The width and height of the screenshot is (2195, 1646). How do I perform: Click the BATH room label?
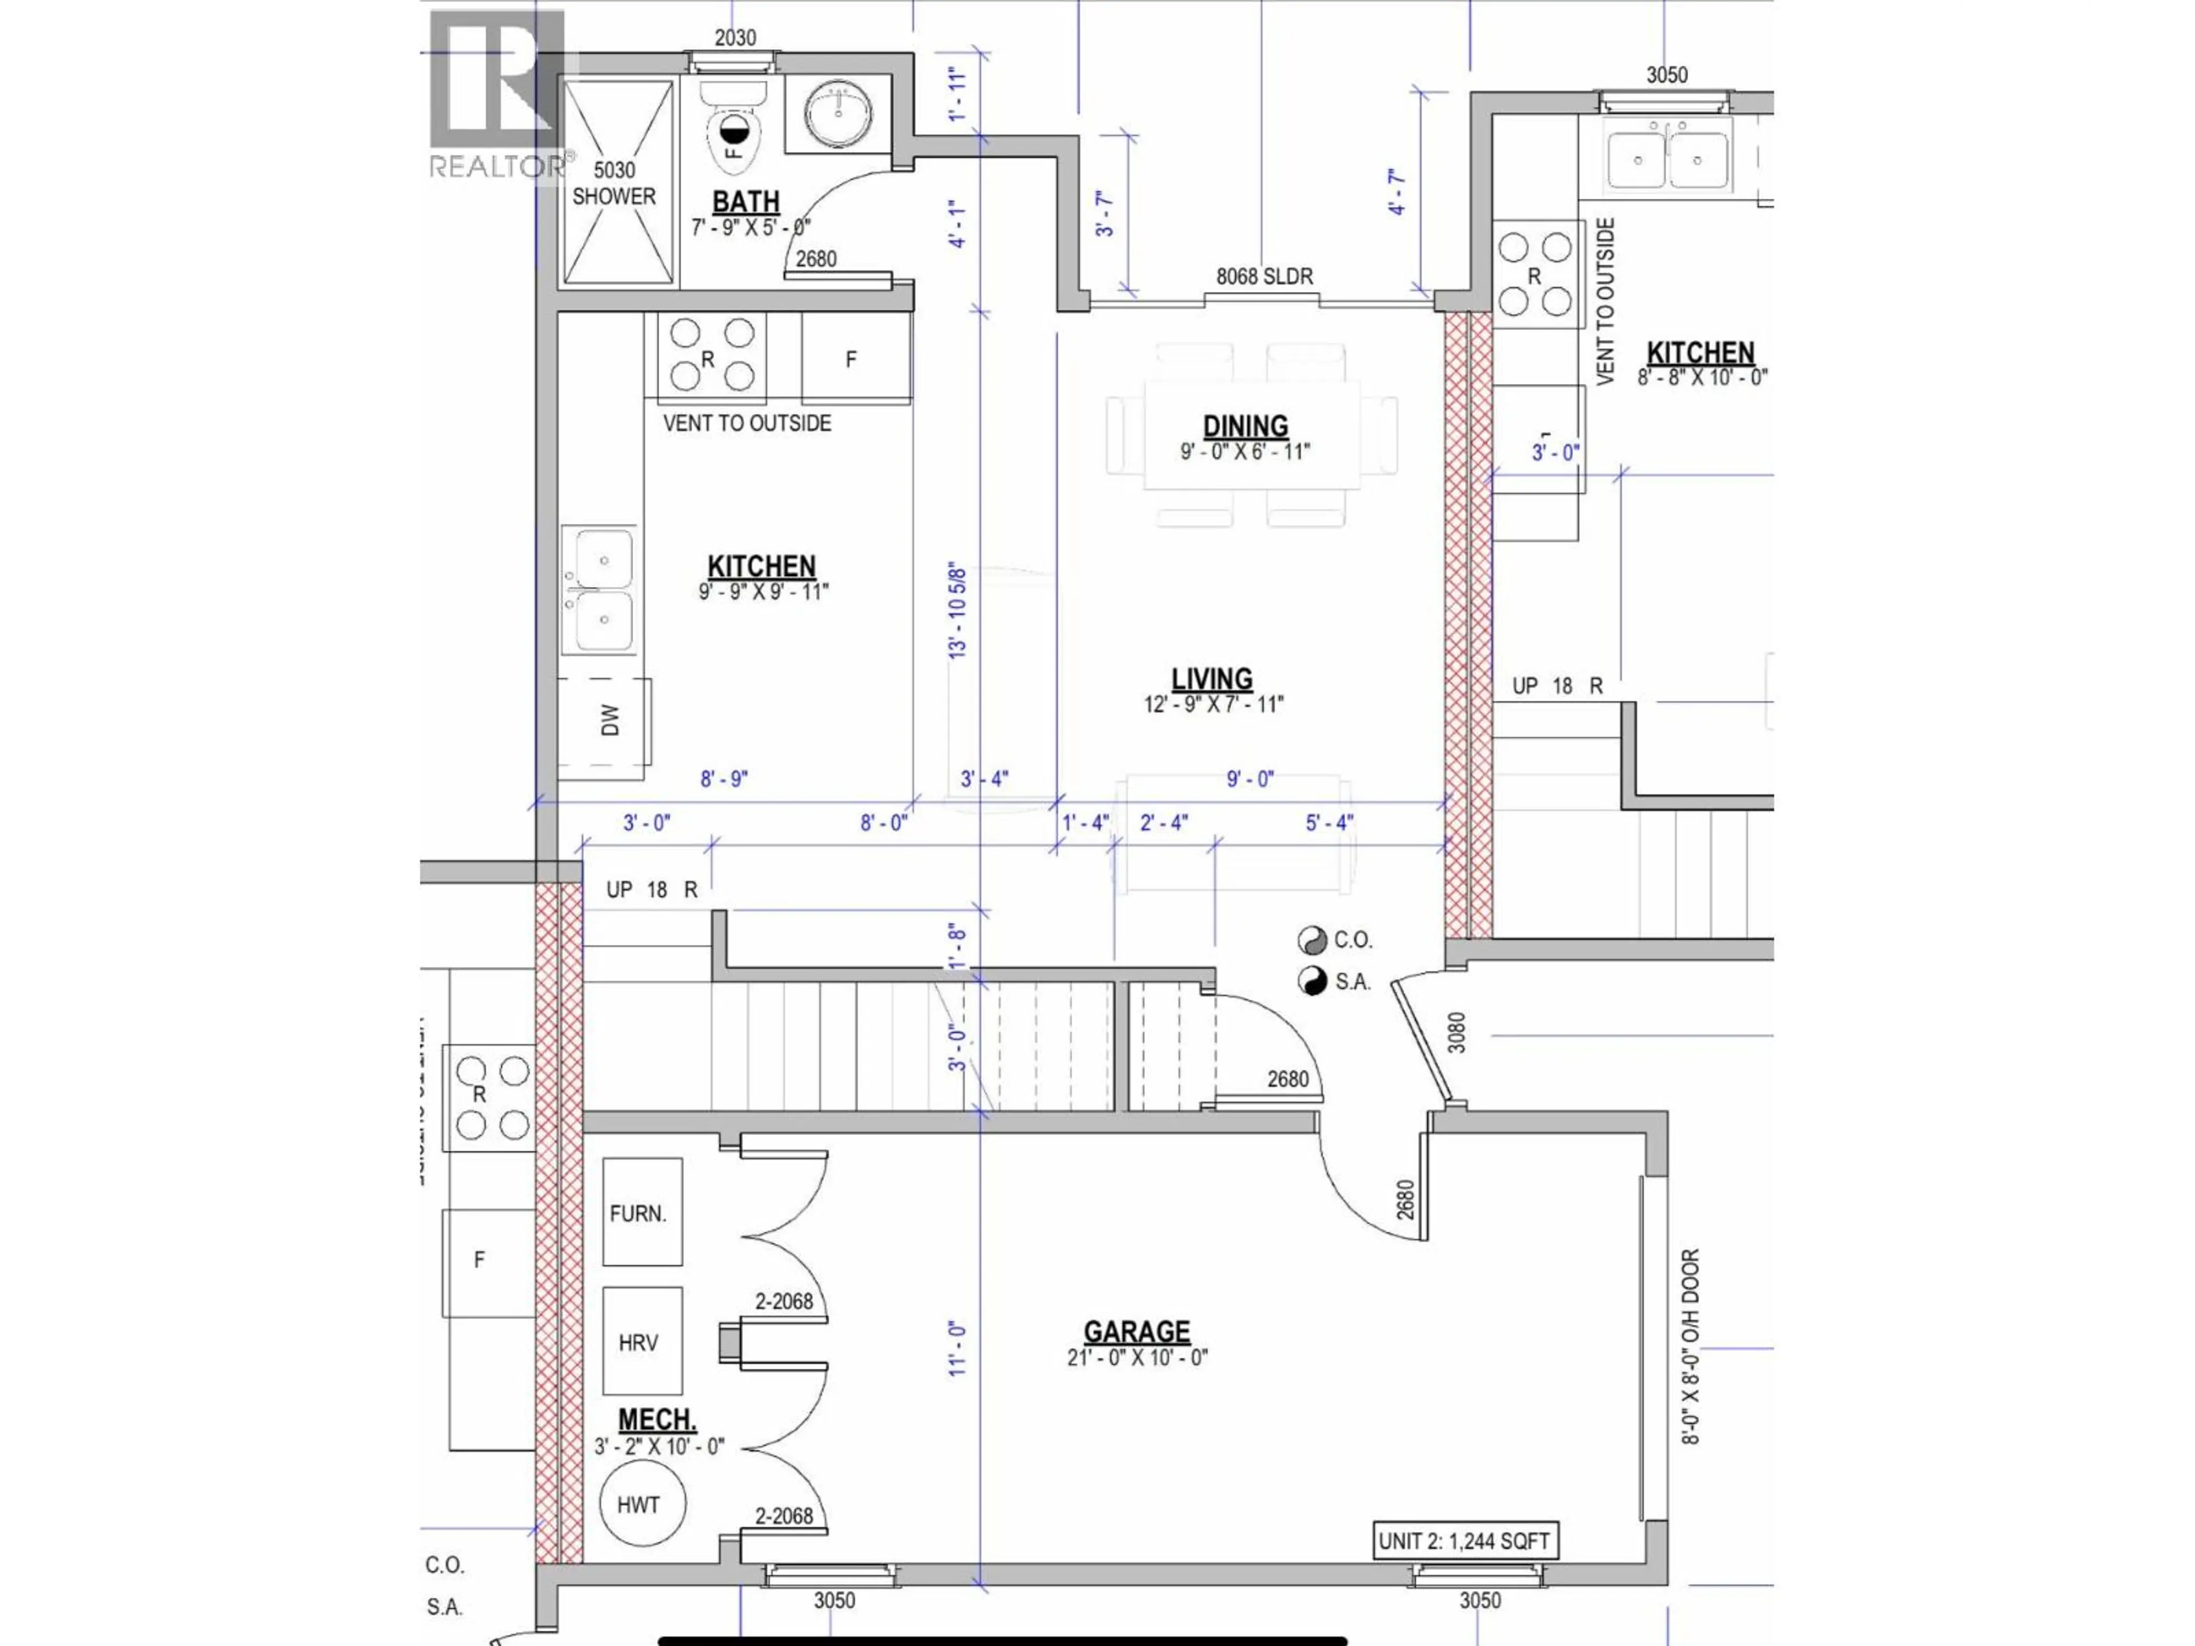pos(745,202)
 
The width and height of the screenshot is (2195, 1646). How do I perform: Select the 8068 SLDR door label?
pos(1264,277)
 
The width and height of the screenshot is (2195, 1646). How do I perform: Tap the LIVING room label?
pos(1212,680)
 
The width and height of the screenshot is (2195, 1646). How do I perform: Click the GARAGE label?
pos(1136,1332)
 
